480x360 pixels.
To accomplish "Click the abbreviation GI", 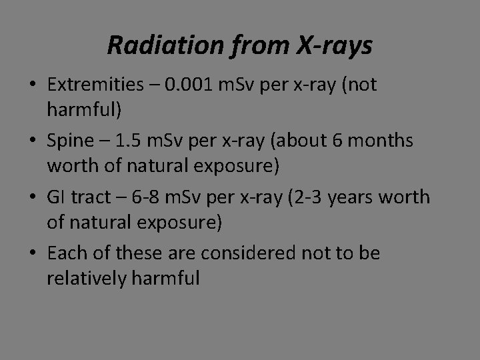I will click(x=55, y=197).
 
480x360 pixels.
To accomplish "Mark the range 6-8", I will click(x=149, y=197).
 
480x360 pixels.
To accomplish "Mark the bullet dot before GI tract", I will click(x=33, y=198).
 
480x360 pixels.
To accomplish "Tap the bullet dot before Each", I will click(x=33, y=254).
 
